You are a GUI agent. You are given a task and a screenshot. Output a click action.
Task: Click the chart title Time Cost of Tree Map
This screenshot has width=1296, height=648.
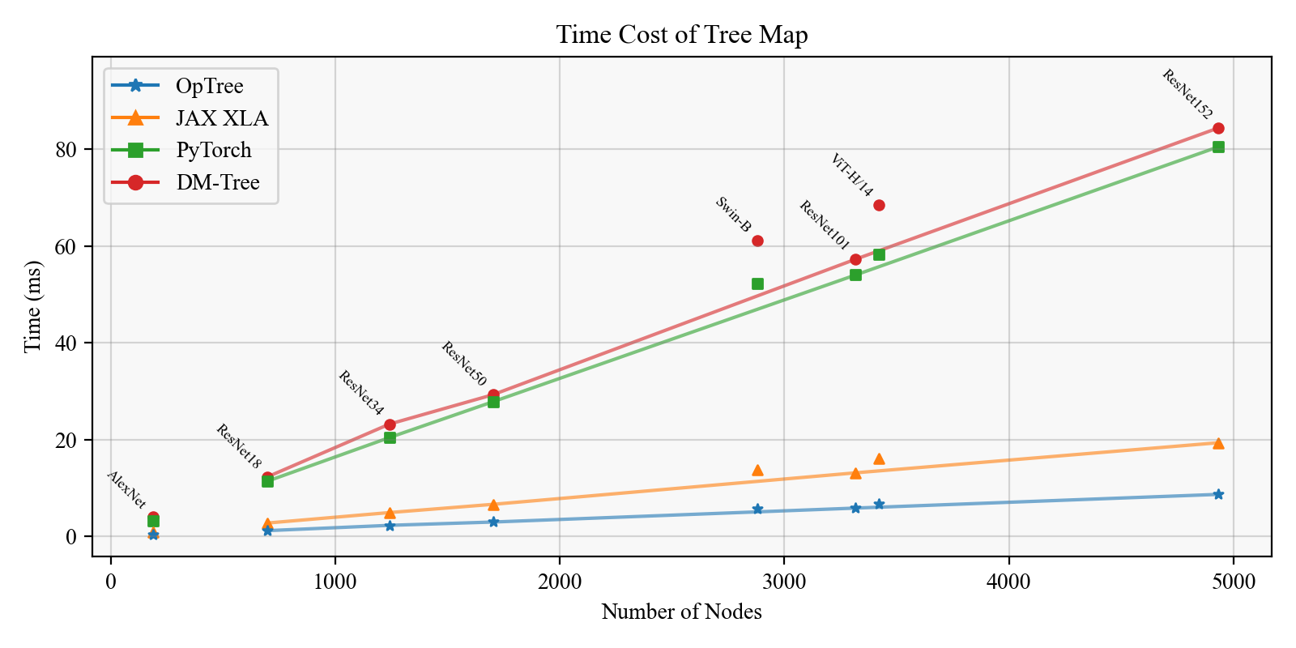tap(681, 35)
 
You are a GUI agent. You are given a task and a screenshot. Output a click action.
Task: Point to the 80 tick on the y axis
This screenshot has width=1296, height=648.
tap(66, 150)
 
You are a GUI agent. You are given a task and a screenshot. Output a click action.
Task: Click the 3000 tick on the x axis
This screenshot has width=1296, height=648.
tap(783, 582)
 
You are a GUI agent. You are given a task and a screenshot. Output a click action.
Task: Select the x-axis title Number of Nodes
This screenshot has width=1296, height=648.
tap(681, 612)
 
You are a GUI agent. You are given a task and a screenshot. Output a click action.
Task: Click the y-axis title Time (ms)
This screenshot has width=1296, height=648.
tap(32, 306)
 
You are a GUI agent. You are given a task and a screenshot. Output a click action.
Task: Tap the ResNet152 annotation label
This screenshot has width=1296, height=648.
tap(1187, 94)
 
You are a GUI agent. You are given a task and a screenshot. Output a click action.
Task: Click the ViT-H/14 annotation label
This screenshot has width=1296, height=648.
tap(852, 175)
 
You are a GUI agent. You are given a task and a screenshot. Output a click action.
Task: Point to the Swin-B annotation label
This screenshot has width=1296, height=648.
tap(733, 215)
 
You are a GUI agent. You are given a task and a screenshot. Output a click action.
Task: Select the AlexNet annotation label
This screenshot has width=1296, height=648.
tap(127, 489)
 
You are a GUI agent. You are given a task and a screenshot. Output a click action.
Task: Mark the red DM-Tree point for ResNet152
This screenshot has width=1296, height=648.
tap(1218, 128)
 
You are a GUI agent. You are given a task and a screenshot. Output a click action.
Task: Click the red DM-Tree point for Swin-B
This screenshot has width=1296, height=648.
tap(757, 241)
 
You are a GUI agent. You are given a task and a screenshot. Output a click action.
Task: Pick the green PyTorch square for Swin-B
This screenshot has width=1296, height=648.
tap(757, 283)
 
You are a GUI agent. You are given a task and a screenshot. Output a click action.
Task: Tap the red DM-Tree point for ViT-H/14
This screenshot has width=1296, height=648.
tap(879, 205)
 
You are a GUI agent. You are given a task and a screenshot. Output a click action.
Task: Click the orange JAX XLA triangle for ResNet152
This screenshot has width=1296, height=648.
tap(1218, 443)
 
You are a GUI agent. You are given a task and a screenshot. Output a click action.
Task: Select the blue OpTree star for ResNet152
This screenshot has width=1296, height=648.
tap(1218, 494)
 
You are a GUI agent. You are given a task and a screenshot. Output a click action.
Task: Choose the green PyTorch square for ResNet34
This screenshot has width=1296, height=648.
tap(390, 437)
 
